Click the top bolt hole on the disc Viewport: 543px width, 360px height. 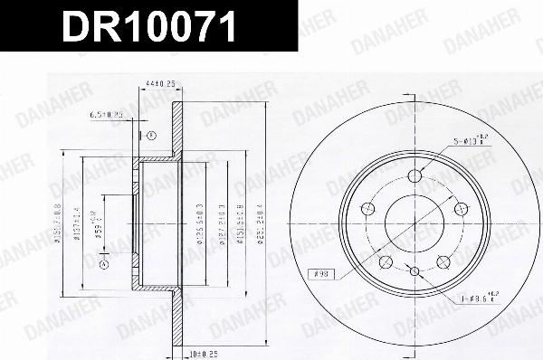pyautogui.click(x=415, y=176)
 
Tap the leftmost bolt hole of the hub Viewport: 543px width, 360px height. pyautogui.click(x=367, y=210)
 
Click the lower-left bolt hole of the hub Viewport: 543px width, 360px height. pyautogui.click(x=386, y=262)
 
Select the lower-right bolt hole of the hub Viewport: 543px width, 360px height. pyautogui.click(x=443, y=262)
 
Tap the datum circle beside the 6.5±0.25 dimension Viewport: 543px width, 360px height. pyautogui.click(x=141, y=136)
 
